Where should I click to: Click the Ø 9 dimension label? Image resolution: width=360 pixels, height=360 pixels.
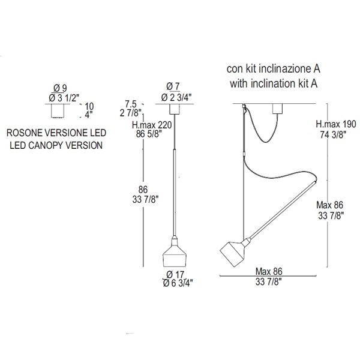click(x=60, y=88)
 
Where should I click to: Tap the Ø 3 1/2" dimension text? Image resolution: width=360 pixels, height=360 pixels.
click(x=64, y=98)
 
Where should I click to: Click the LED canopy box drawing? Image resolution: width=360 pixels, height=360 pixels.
click(x=57, y=111)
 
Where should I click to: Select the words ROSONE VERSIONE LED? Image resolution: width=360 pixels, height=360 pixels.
click(x=56, y=133)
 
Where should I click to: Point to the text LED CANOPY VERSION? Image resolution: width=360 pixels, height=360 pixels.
click(x=56, y=146)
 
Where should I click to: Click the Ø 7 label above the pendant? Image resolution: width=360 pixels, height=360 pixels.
click(x=173, y=87)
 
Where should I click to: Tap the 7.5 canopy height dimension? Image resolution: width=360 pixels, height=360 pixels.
click(x=131, y=104)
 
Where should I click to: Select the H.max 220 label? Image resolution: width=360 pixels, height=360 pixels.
click(x=152, y=125)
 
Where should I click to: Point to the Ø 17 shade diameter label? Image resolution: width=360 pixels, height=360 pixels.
click(x=175, y=274)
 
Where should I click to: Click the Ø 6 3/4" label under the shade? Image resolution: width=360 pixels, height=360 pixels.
click(x=178, y=283)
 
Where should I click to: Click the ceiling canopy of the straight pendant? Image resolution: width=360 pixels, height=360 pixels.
click(x=175, y=109)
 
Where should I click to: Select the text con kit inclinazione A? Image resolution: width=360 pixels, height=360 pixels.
click(x=273, y=69)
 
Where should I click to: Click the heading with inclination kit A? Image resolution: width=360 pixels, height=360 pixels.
click(x=274, y=83)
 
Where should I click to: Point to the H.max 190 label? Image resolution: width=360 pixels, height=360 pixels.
click(x=336, y=124)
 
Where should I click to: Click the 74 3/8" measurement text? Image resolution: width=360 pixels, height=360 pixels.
click(x=333, y=134)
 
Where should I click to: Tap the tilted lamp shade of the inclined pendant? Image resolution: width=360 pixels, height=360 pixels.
click(x=234, y=252)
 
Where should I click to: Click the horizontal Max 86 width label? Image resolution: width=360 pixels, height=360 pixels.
click(x=269, y=272)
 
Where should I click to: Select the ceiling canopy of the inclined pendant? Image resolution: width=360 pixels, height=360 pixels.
click(x=278, y=109)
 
